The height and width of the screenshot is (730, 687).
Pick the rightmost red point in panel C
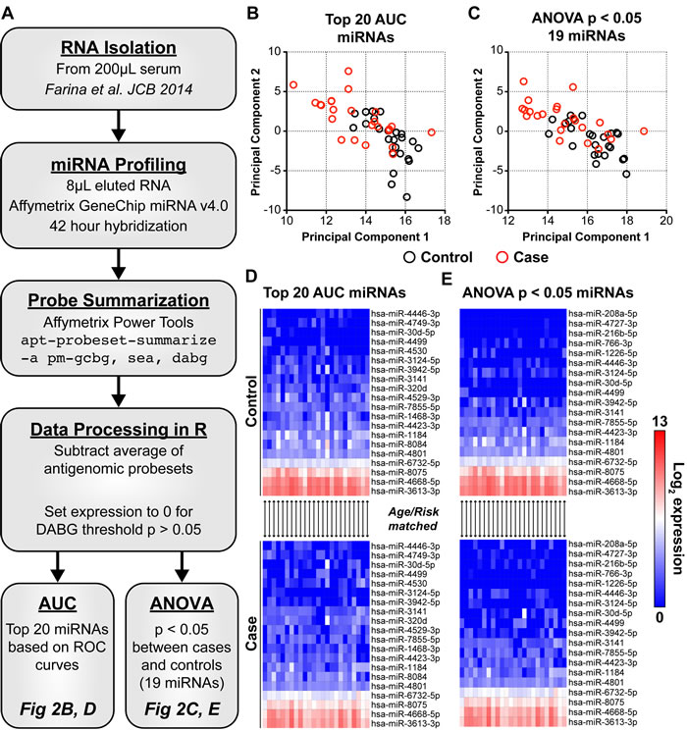(644, 130)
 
